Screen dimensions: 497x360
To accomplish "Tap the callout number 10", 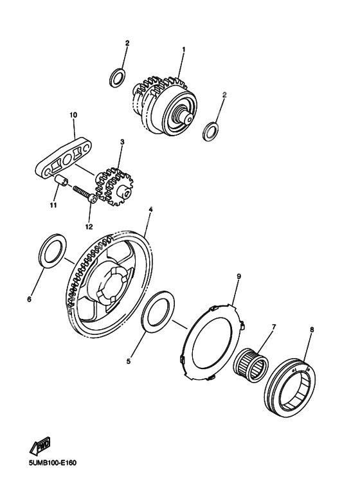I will tap(73, 115).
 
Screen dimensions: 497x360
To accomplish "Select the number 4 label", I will tap(150, 210).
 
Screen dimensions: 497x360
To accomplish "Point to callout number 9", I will tap(239, 276).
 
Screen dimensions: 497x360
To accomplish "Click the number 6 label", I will tap(30, 298).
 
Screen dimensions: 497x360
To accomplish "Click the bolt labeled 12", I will tap(82, 193).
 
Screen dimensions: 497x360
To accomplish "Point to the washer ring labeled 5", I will tap(156, 311).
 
